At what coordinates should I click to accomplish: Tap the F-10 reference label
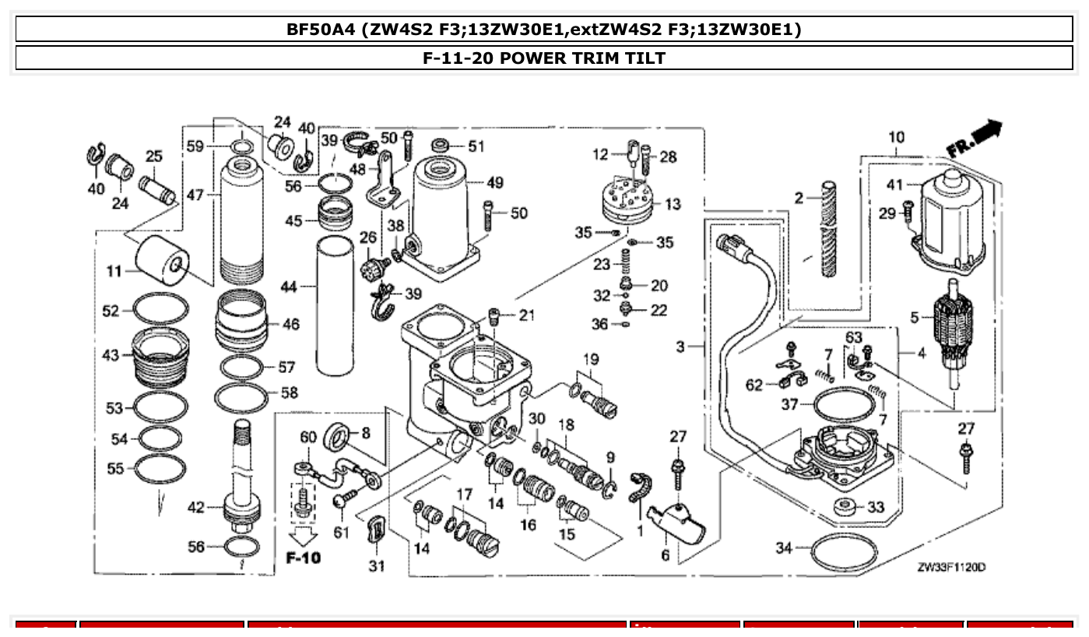[x=302, y=558]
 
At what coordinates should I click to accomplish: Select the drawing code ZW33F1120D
[x=950, y=568]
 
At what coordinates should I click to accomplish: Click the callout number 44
[x=289, y=287]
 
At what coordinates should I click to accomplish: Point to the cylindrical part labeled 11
[x=163, y=260]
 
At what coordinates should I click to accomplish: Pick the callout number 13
[x=673, y=204]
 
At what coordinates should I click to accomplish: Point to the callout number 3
[x=680, y=347]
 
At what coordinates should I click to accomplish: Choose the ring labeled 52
[x=160, y=311]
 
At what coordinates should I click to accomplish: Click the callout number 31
[x=377, y=566]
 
